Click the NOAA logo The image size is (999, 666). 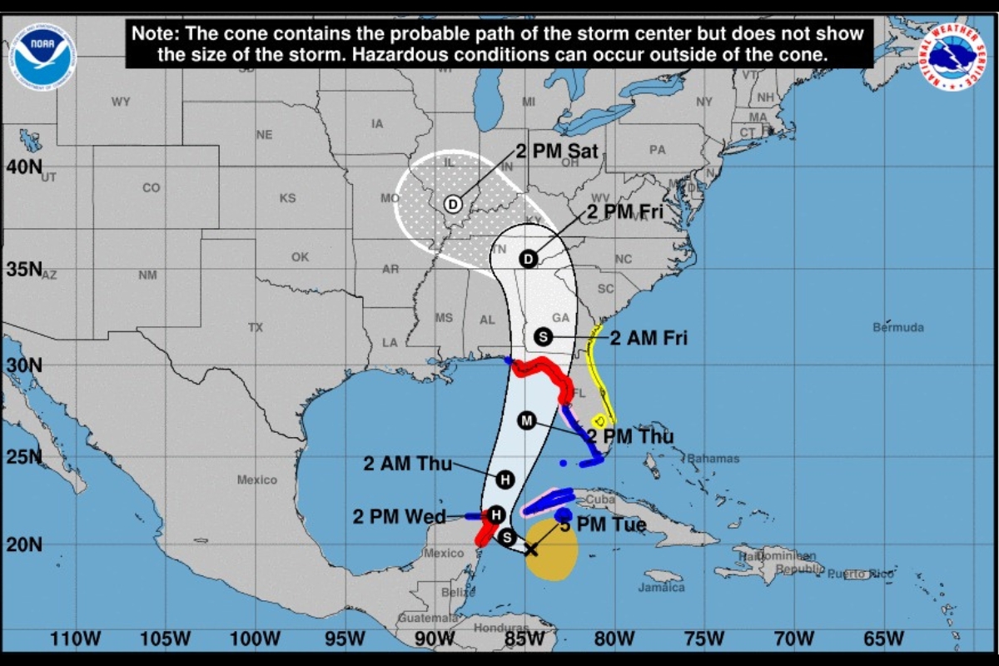pos(42,56)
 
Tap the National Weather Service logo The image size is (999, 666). pos(952,57)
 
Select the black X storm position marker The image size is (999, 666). pos(530,549)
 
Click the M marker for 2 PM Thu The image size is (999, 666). pos(526,420)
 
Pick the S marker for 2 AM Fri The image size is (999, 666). pos(543,336)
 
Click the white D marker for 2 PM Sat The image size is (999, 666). pos(452,204)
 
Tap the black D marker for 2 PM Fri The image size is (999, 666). pos(528,259)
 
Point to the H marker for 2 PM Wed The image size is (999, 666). pos(495,515)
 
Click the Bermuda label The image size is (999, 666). pos(898,327)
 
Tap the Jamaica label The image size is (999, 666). pos(662,587)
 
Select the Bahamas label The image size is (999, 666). pos(713,459)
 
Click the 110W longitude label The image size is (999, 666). pos(75,639)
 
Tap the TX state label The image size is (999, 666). pos(255,327)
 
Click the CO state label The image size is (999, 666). pos(151,188)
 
